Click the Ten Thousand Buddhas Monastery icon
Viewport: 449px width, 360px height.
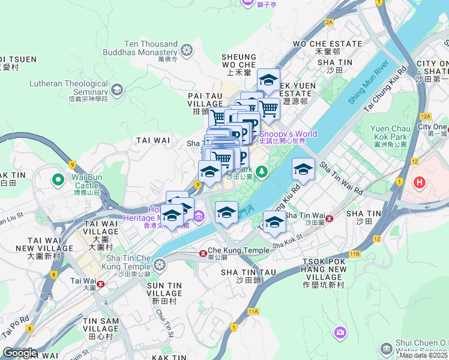point(187,49)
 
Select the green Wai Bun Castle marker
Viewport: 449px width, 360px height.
point(58,179)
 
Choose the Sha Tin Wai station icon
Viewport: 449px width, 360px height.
point(328,217)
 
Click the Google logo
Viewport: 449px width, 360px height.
point(19,353)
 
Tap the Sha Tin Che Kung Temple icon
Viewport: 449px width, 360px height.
point(159,265)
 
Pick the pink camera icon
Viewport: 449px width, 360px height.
point(340,332)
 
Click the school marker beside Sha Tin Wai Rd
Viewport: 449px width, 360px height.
point(303,169)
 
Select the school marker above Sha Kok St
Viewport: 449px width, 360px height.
point(274,221)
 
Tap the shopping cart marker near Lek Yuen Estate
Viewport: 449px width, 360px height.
point(268,108)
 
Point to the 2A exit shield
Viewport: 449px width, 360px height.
point(329,22)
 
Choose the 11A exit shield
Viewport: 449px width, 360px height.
point(253,311)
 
